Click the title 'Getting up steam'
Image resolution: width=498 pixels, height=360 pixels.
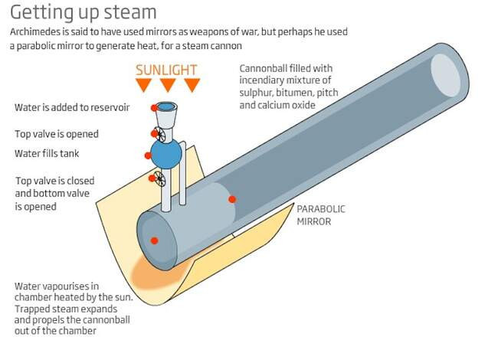click(84, 13)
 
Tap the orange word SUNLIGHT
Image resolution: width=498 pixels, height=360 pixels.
click(166, 70)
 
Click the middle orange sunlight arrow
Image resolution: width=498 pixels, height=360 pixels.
click(168, 85)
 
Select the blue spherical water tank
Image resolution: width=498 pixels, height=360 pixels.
click(166, 155)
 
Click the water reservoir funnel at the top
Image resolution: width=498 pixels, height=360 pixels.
click(166, 114)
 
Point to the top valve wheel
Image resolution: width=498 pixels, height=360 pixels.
click(159, 134)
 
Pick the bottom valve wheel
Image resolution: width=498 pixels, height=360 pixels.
click(159, 178)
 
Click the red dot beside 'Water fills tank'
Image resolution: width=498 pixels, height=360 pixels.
click(148, 155)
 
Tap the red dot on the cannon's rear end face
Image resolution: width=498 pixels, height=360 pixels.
click(154, 241)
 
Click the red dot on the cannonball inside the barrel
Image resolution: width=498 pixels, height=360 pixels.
click(232, 199)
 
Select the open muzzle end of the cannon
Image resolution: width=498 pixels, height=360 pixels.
click(445, 75)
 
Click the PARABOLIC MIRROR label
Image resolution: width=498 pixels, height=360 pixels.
click(321, 215)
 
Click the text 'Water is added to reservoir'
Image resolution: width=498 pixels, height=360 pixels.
click(72, 108)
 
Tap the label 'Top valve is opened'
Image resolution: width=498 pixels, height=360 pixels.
click(57, 134)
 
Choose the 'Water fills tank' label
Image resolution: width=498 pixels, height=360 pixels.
click(47, 154)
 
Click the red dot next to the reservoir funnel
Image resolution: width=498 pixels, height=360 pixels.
click(154, 108)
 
